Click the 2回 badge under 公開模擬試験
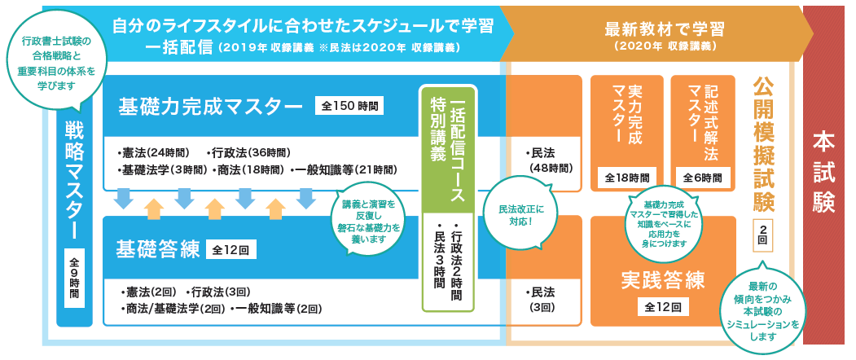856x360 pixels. click(x=762, y=234)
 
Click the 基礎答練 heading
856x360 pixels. click(x=158, y=249)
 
